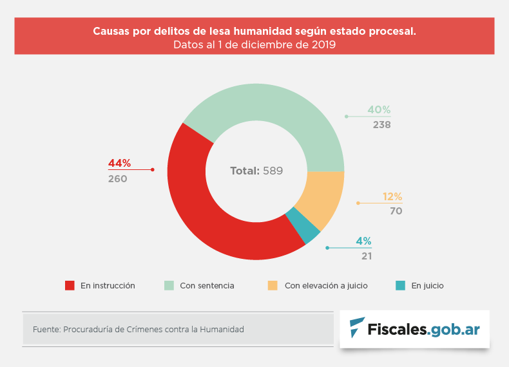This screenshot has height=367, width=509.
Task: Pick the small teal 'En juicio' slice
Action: pyautogui.click(x=303, y=225)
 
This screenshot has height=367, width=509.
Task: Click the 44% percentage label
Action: pyautogui.click(x=120, y=164)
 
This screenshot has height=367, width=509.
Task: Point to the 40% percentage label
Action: pyautogui.click(x=379, y=109)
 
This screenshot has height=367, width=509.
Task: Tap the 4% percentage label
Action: pyautogui.click(x=363, y=241)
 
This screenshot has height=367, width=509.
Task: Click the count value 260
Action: pyautogui.click(x=118, y=179)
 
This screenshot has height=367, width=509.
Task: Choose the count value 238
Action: pyautogui.click(x=381, y=125)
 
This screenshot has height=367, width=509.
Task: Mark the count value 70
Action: pyautogui.click(x=396, y=211)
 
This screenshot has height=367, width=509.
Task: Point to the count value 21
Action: pyautogui.click(x=367, y=256)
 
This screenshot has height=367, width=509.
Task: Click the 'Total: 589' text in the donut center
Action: pyautogui.click(x=256, y=171)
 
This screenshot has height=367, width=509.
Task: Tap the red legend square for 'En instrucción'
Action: pyautogui.click(x=70, y=285)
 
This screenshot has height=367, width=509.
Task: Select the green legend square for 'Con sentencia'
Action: pyautogui.click(x=169, y=285)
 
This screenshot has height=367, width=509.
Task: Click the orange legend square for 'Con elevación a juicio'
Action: pyautogui.click(x=273, y=285)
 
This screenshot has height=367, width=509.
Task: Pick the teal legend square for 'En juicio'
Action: pyautogui.click(x=400, y=285)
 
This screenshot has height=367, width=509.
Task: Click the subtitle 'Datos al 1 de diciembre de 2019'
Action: pyautogui.click(x=254, y=45)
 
